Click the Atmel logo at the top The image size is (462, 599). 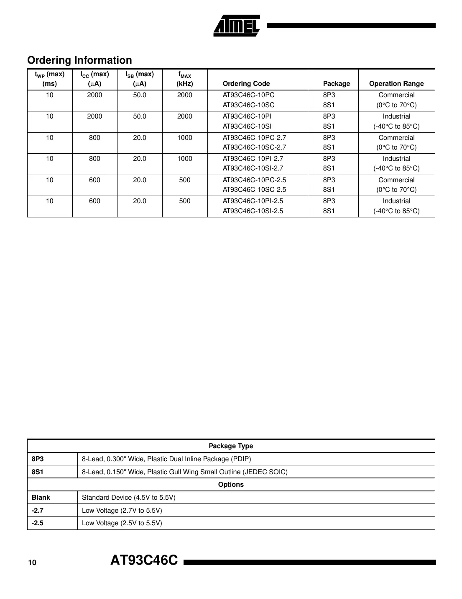[237, 26]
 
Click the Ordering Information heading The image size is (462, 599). [79, 60]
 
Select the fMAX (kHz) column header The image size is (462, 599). [184, 79]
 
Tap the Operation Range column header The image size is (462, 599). [396, 83]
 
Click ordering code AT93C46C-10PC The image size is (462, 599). [248, 95]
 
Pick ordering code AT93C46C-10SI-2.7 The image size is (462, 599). [253, 168]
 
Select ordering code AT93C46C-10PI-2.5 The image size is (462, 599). [253, 201]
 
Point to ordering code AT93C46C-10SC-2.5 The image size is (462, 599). [254, 190]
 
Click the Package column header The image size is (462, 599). [336, 83]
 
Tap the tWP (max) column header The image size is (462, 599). [50, 79]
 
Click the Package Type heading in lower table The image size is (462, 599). [231, 446]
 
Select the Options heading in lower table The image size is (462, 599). [231, 485]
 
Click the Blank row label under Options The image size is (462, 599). [41, 498]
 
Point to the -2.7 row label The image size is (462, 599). [38, 511]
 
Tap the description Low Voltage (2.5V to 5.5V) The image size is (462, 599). [122, 523]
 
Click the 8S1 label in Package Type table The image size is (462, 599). [38, 472]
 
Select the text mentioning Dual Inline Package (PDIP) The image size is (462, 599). [166, 459]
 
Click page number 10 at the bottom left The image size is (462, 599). [32, 563]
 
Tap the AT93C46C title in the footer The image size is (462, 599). [144, 560]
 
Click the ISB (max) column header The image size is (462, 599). [140, 79]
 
